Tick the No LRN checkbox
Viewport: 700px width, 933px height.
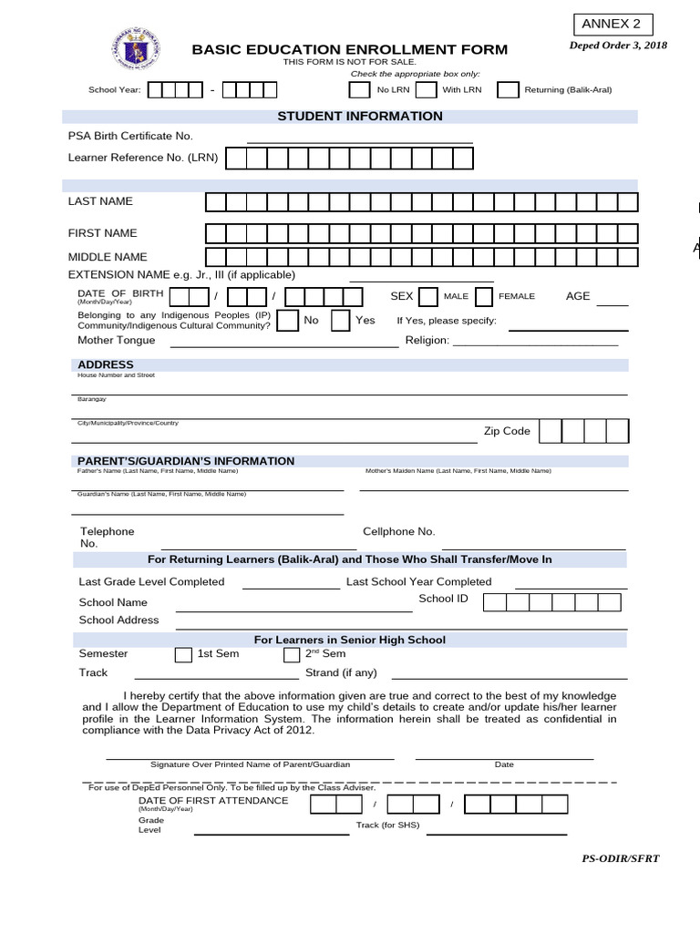click(x=360, y=89)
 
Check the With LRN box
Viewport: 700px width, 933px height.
click(x=426, y=89)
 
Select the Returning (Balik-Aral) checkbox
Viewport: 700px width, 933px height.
click(x=508, y=89)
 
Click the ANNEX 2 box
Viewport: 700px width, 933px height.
click(x=612, y=25)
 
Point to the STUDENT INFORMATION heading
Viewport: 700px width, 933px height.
click(x=359, y=117)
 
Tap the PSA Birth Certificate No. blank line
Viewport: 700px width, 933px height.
click(x=359, y=141)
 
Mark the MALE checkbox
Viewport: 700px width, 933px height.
click(x=427, y=297)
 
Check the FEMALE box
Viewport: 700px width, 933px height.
click(x=483, y=297)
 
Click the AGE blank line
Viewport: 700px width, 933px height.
click(x=612, y=304)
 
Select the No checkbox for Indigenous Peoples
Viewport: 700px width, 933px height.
click(x=286, y=321)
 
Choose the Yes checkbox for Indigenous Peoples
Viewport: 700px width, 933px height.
click(x=340, y=321)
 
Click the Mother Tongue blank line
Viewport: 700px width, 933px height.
click(x=284, y=346)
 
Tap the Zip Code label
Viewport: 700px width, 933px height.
click(x=506, y=431)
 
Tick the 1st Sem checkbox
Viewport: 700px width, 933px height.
click(x=183, y=654)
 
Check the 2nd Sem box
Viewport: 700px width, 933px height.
click(x=292, y=654)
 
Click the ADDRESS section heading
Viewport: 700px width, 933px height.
click(x=106, y=364)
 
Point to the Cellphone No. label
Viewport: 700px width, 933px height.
click(x=398, y=531)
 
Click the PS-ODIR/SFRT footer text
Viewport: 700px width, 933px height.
click(x=620, y=858)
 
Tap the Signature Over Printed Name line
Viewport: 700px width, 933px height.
click(x=250, y=757)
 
